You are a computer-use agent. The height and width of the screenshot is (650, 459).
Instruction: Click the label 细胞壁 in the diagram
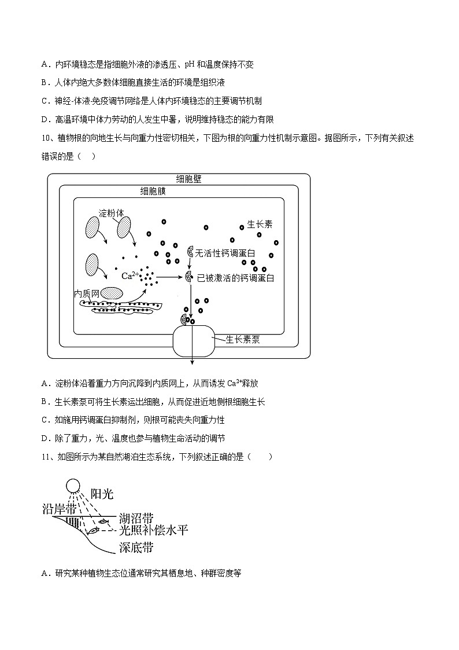[188, 179]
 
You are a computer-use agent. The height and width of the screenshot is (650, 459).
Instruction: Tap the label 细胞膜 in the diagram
[153, 191]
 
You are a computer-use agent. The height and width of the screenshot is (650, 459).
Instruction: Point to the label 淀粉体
[112, 212]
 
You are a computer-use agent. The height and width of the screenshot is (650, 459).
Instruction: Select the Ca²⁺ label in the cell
[129, 276]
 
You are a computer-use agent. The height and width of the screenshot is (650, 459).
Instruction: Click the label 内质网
[87, 293]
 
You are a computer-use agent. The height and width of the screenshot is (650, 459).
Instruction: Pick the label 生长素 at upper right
[260, 224]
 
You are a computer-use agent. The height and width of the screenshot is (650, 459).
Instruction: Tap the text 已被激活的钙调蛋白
[235, 278]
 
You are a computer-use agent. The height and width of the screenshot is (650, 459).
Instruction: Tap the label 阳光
[102, 494]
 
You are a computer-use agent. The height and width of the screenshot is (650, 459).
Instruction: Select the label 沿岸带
[60, 509]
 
